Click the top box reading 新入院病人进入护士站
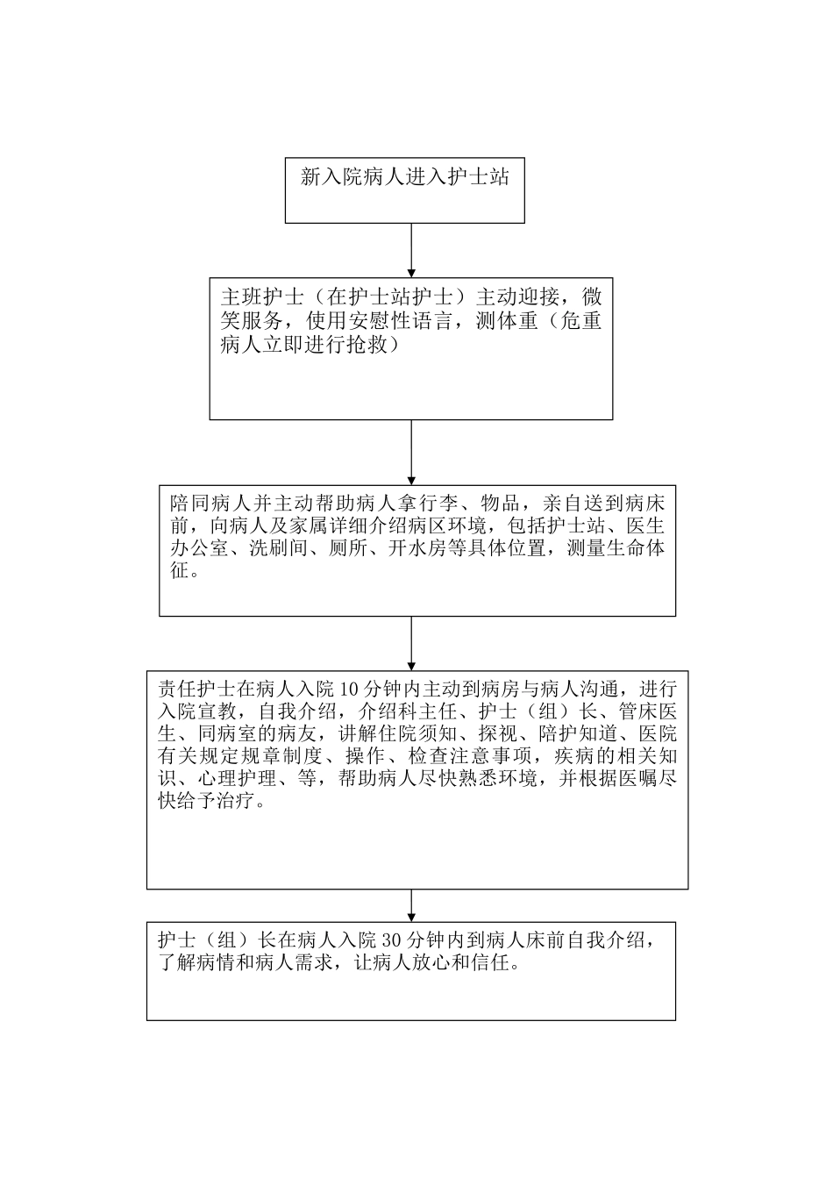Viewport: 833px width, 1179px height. coord(404,190)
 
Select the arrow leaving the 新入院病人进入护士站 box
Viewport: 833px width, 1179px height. coord(411,251)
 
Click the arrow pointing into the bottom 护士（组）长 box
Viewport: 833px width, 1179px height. coord(411,906)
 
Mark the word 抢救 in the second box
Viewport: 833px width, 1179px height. coord(378,345)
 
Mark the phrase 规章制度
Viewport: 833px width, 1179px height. coord(288,755)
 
